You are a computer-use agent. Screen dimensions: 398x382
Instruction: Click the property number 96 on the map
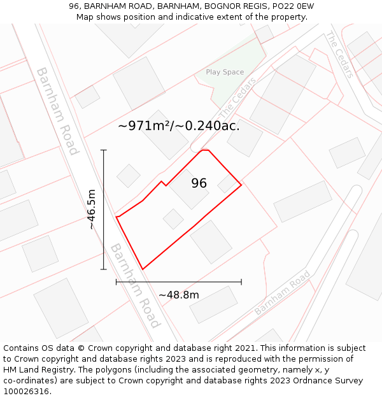[x=199, y=183]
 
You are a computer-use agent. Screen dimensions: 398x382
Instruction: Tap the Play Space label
[x=225, y=72]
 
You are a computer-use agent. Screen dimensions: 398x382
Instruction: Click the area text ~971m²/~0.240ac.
[x=179, y=125]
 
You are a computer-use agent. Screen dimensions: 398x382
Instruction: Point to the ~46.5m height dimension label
[x=92, y=209]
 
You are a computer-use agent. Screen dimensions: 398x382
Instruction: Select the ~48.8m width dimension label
[x=179, y=295]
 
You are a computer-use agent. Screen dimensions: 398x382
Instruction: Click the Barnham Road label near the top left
[x=57, y=111]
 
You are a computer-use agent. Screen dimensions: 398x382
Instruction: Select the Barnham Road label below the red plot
[x=134, y=286]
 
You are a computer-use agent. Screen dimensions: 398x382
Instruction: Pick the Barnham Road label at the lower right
[x=282, y=293]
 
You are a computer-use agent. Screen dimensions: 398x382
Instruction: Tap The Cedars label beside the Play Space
[x=237, y=97]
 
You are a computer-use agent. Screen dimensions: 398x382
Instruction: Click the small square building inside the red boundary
[x=173, y=219]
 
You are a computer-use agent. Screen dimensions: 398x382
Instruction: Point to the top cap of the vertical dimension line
[x=104, y=150]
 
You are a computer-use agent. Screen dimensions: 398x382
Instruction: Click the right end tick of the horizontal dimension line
[x=241, y=281]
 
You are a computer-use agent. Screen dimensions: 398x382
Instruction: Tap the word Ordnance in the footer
[x=305, y=381]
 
